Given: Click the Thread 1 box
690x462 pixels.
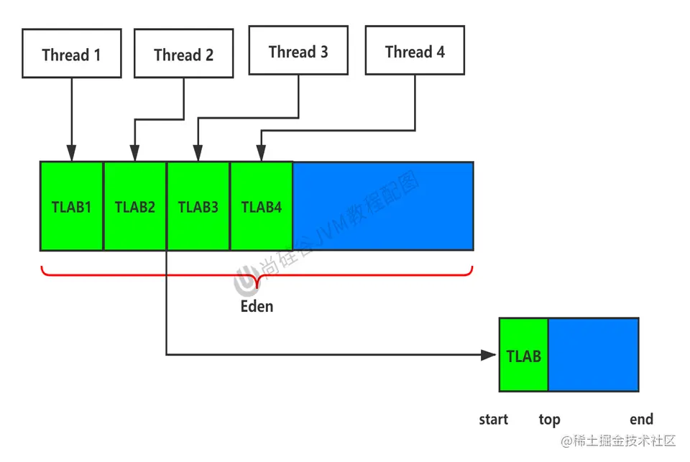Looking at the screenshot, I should point(71,53).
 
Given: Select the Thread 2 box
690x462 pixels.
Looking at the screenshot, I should point(183,53).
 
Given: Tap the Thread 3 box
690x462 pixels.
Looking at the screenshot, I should point(298,50).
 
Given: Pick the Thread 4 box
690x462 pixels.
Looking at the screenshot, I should point(415,50).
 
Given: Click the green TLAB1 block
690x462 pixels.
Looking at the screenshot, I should point(72,206).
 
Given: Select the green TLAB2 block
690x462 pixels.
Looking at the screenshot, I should point(135,206).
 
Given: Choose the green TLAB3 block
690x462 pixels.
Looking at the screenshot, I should point(198,206).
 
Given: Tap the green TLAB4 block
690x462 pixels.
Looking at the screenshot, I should point(262,206).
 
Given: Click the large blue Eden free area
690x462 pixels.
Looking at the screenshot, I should point(382,206).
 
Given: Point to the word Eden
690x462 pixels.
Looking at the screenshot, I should point(257,306).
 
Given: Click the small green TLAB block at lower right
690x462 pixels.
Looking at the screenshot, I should point(523,355).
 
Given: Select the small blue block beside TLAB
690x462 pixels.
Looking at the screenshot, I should point(593,355).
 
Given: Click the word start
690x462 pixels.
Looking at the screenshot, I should point(493,420).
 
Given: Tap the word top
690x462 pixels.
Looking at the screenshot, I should point(549,420).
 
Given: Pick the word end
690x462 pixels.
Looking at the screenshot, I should point(641,420).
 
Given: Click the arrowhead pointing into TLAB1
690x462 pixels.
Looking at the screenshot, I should point(71,154).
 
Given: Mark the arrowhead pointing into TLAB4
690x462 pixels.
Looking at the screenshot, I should point(262,154).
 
